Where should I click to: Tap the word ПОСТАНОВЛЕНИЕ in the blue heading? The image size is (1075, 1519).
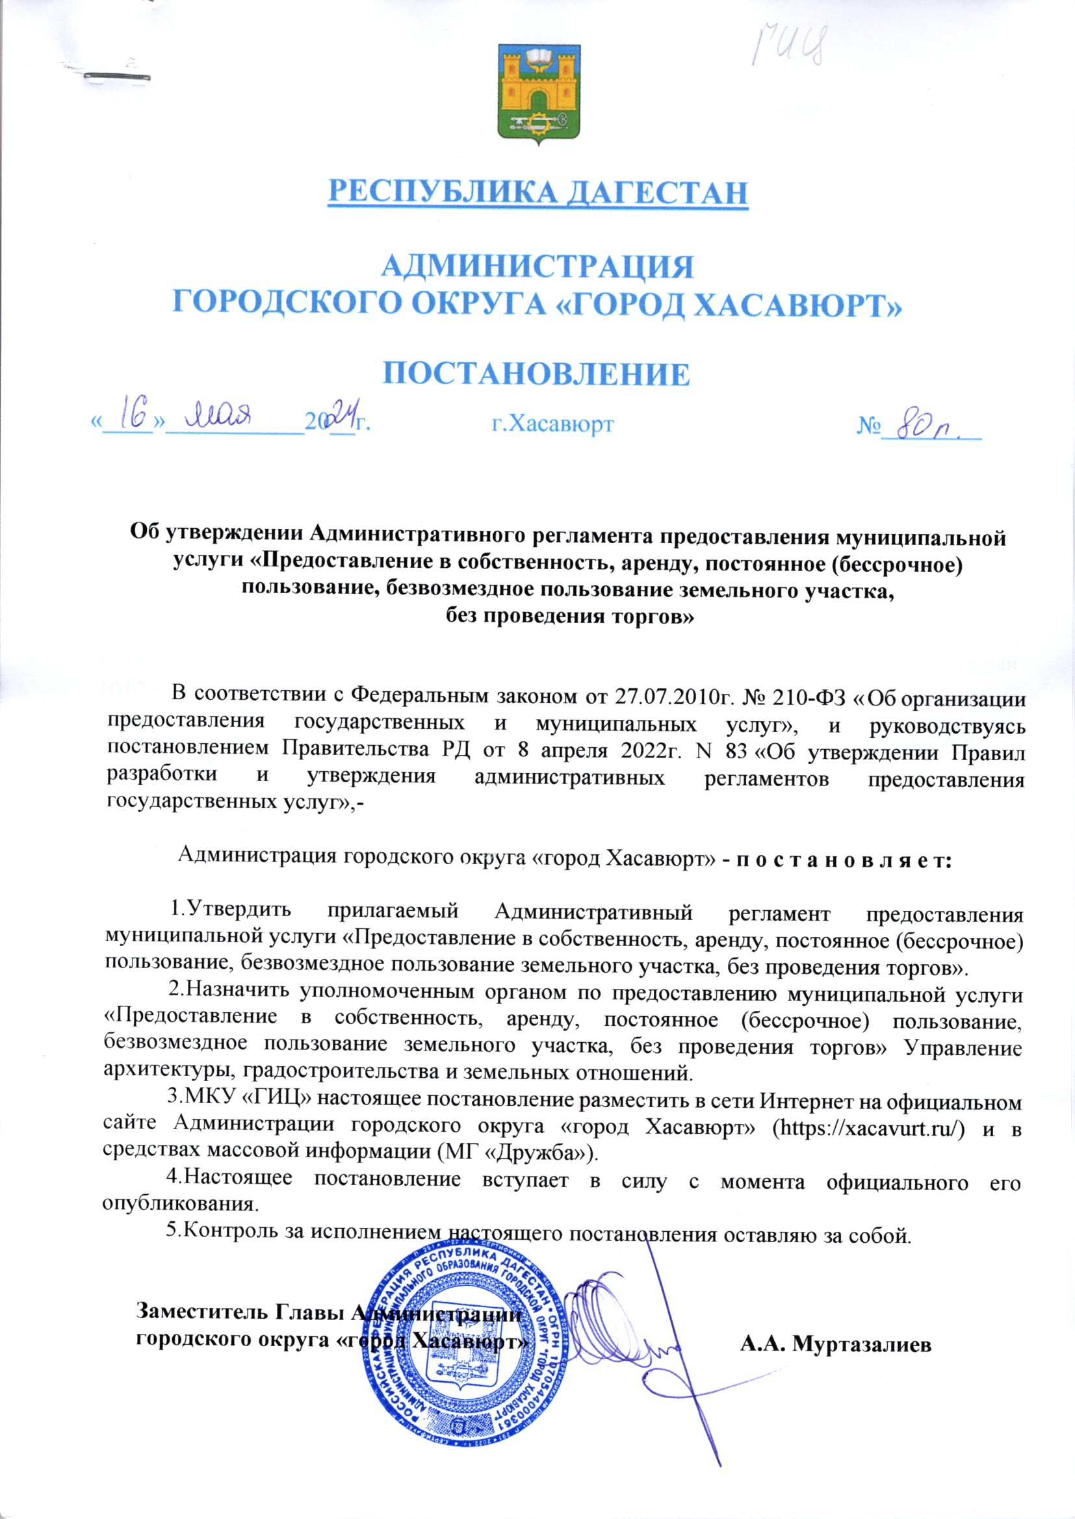click(x=537, y=373)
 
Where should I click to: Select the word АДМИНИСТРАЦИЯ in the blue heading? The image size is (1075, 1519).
click(x=538, y=266)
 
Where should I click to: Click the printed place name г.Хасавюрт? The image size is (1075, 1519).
click(x=552, y=424)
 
